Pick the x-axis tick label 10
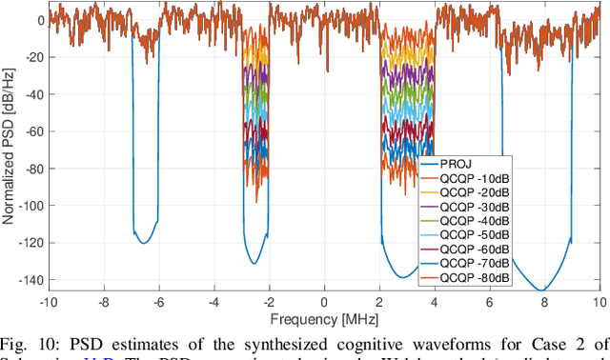tap(599, 302)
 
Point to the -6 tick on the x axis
tap(158, 302)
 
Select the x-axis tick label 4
tap(435, 302)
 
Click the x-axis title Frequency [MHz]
tap(324, 317)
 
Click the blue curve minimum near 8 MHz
tap(541, 290)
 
